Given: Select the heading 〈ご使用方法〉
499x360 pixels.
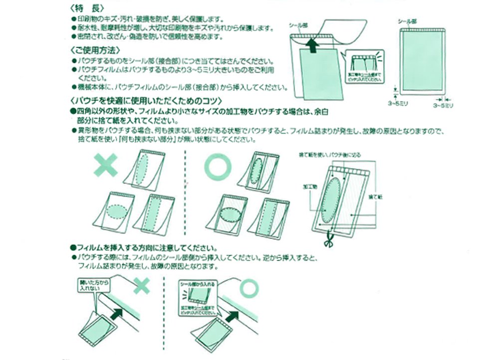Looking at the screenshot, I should pos(95,50).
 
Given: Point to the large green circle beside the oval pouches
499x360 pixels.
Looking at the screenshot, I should pos(217,166).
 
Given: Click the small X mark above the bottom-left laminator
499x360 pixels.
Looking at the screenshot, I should pos(141,285).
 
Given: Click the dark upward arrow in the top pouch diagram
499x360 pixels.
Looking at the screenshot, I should pos(312,45).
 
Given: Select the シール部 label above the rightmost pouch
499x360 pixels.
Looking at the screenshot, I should pos(406,22).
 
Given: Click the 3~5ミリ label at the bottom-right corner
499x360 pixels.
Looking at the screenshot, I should pos(443,106).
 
